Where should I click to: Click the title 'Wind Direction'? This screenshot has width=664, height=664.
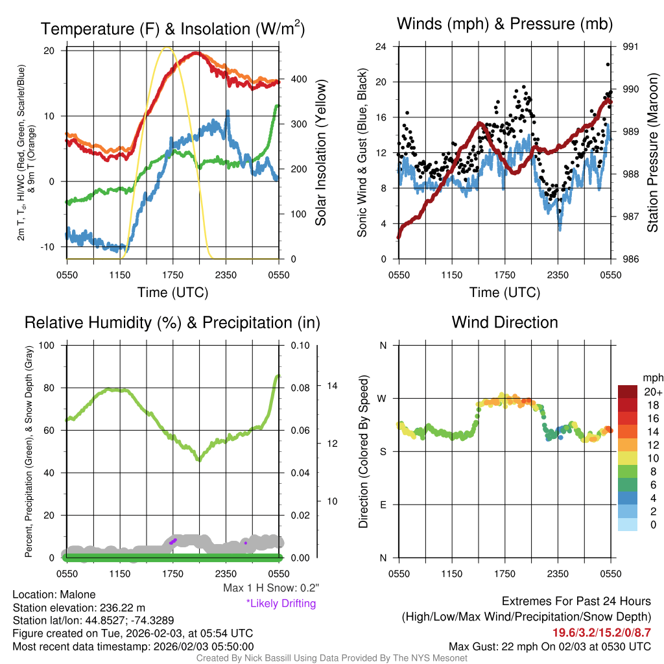click(504, 322)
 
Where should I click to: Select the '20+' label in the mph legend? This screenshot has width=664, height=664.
click(652, 392)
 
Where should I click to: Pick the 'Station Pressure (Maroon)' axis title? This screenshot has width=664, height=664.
click(652, 152)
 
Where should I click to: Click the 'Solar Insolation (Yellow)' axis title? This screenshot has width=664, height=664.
click(320, 152)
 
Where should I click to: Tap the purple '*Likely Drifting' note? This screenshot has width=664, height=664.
click(281, 603)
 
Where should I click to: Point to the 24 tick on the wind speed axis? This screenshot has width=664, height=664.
click(381, 47)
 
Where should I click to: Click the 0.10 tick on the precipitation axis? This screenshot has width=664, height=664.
click(300, 345)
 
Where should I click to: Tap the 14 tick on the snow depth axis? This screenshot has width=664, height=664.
click(332, 386)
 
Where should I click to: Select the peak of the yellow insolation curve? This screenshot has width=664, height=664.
click(167, 47)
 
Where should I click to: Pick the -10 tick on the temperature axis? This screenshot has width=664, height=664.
click(51, 247)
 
